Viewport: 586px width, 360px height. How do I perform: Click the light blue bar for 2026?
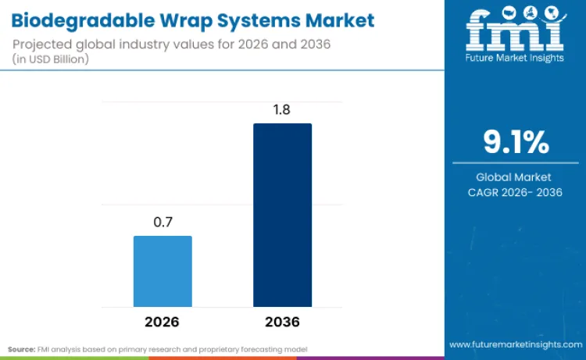(163, 271)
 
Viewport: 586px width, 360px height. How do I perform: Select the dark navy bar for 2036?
(282, 215)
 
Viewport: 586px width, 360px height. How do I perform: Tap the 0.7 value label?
(163, 222)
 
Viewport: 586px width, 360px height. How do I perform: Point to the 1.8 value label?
(282, 109)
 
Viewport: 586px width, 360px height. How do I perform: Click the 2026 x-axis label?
(163, 322)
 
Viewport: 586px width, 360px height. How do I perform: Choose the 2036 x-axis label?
(282, 322)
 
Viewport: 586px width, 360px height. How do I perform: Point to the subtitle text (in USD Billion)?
(55, 59)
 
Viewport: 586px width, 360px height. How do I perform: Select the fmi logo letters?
(515, 30)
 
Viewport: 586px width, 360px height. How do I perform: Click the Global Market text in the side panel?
(515, 177)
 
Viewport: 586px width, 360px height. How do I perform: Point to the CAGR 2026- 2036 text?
(515, 192)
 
